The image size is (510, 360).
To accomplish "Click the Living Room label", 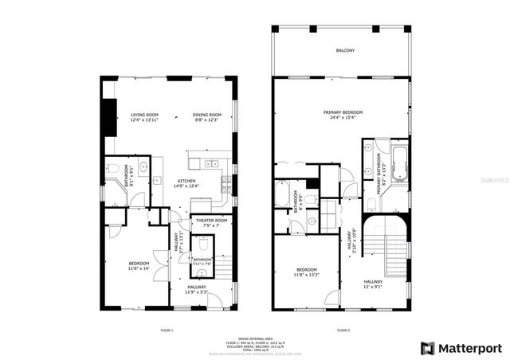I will [145, 118].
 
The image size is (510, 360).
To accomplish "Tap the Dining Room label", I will [206, 118].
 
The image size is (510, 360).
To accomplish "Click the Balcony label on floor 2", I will [344, 51].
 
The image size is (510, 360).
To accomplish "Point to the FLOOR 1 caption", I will [167, 330].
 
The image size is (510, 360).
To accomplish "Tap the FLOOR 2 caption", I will [343, 330].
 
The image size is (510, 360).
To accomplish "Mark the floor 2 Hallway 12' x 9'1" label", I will [373, 284].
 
